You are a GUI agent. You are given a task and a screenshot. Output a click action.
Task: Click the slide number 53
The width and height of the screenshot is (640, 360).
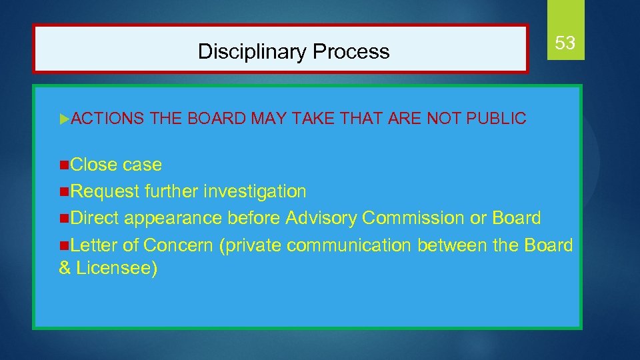coord(565,43)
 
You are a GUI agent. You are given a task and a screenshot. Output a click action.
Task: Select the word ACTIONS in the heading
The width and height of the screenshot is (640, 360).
coord(107,119)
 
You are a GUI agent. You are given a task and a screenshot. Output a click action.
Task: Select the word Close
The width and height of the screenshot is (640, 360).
coord(93,165)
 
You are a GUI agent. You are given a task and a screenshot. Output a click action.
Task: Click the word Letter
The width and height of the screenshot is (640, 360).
coord(94,245)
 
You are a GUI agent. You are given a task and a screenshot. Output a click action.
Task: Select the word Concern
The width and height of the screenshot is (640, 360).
coord(178,245)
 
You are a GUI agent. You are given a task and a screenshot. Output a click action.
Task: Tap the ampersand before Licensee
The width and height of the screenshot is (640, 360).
coord(65,269)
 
